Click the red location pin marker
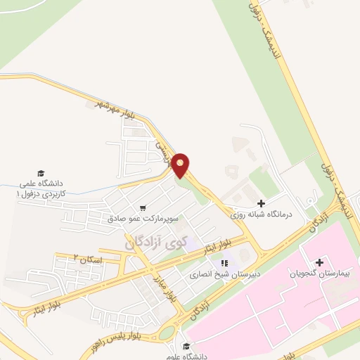coord(181,165)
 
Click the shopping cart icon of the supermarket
coord(143,208)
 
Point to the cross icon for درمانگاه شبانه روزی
coord(262,203)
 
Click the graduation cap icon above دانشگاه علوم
coord(186,345)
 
